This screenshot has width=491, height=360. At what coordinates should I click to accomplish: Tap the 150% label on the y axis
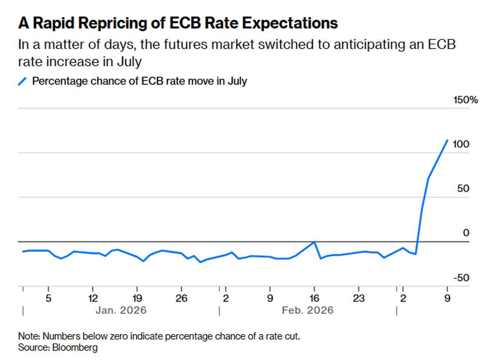coord(466,100)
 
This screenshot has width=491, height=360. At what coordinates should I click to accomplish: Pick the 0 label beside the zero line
coord(466,233)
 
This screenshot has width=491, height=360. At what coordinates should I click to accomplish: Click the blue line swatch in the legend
coord(23,81)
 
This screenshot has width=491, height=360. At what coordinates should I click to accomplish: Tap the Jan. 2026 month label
coord(121,310)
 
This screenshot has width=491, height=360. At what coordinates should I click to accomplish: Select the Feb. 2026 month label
coord(308,310)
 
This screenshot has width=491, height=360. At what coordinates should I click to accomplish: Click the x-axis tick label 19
coord(137,298)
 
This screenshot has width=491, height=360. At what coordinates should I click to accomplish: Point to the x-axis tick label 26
coord(181,298)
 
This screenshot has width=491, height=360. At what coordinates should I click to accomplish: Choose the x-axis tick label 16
coord(314,298)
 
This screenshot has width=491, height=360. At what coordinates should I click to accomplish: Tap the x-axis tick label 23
coord(358,298)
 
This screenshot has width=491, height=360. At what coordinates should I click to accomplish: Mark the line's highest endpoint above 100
coord(447,140)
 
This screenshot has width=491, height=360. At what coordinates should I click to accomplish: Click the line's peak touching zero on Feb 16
coord(314,242)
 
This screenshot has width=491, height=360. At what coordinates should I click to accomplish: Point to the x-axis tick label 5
coord(48,298)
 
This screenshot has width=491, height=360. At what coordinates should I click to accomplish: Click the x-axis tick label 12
coord(93,298)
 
